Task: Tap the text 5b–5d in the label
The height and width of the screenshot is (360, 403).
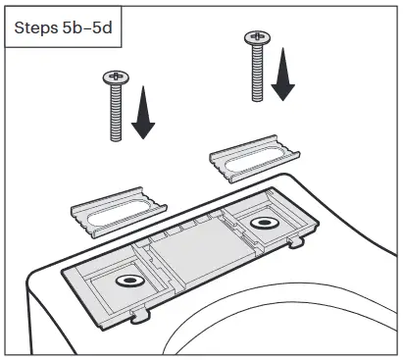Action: tap(91, 27)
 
